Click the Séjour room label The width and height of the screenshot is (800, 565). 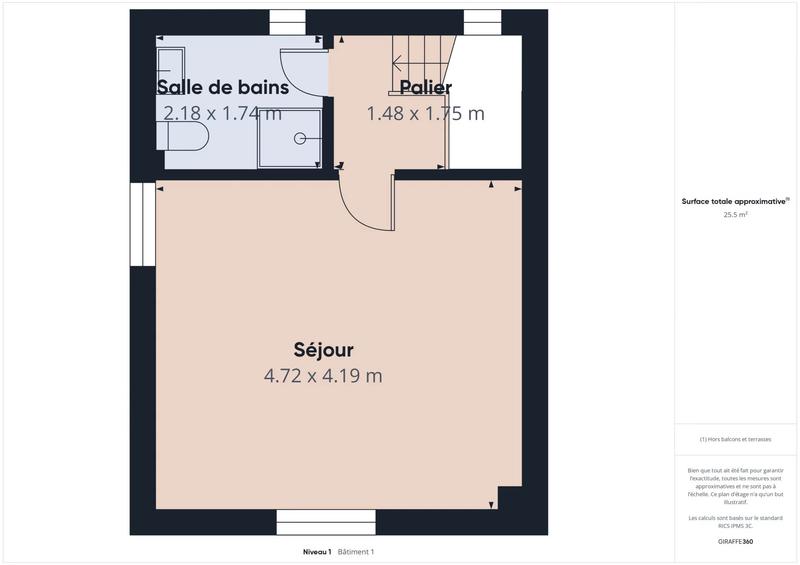click(x=323, y=349)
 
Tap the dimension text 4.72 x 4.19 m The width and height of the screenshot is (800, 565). click(x=323, y=376)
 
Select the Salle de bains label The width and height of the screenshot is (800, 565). click(x=223, y=87)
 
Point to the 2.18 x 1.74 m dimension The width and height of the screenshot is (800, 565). click(x=223, y=113)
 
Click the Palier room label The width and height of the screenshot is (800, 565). click(x=425, y=87)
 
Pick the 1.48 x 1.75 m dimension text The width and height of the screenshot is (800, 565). click(x=425, y=113)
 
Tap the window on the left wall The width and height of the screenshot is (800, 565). click(x=143, y=224)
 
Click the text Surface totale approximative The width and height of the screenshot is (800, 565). click(x=734, y=201)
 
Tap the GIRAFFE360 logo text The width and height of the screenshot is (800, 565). click(x=735, y=541)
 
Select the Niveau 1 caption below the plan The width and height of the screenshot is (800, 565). click(x=316, y=552)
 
